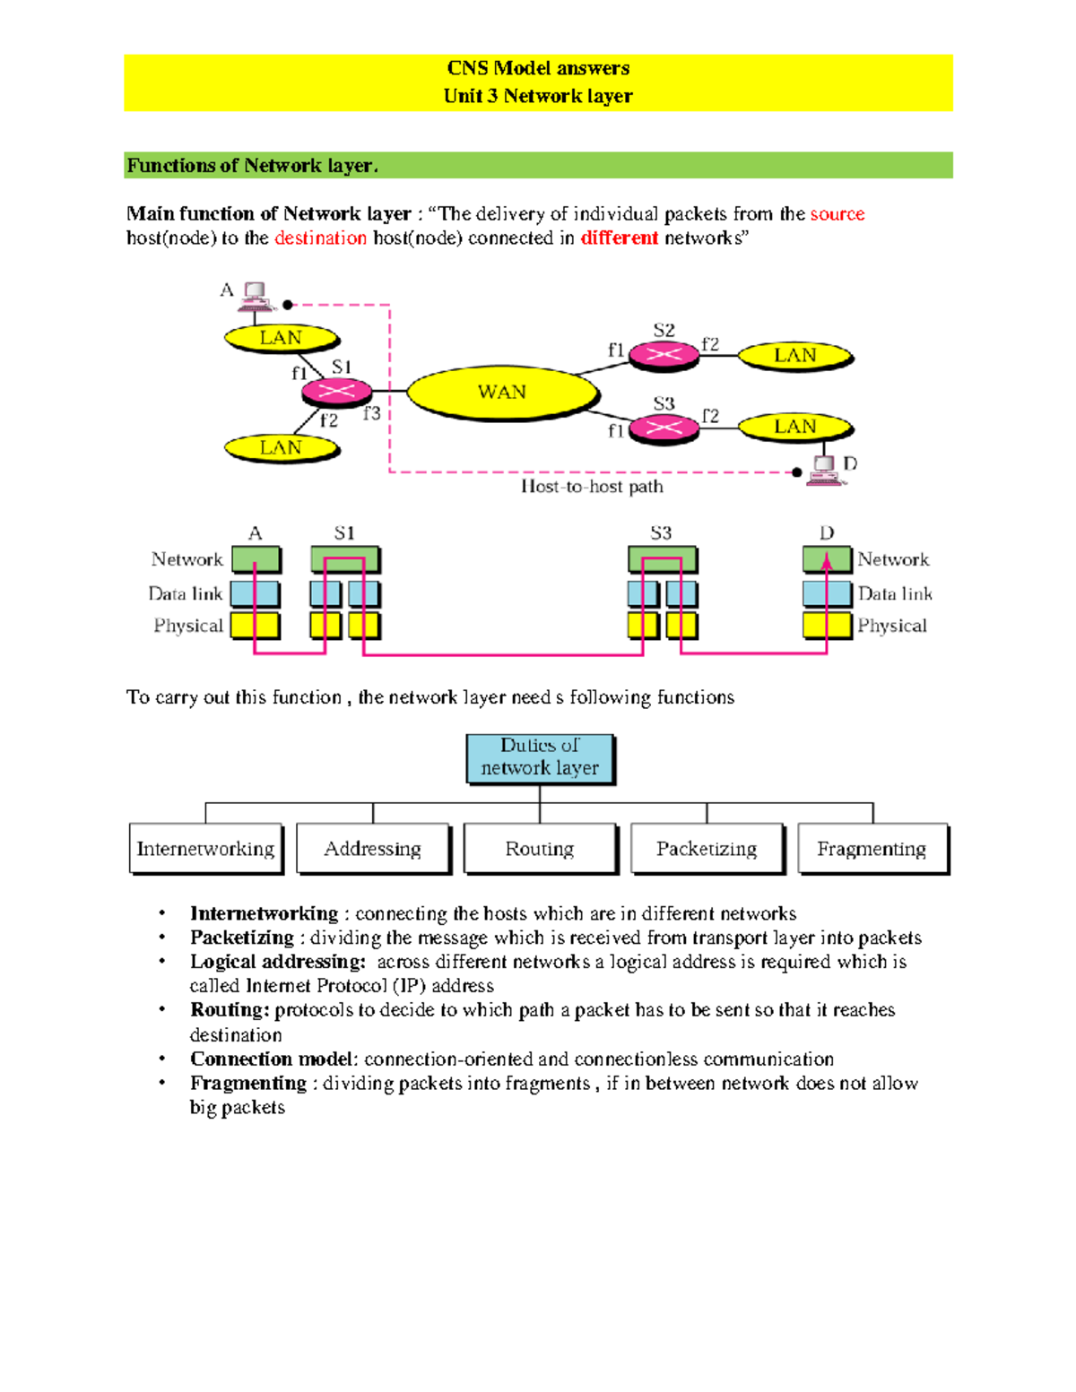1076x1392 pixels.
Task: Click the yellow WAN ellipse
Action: click(502, 393)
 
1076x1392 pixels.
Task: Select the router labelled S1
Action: click(336, 392)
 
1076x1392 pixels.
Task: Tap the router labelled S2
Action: click(664, 355)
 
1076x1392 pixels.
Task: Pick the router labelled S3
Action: click(664, 428)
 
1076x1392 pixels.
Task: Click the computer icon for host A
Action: click(255, 296)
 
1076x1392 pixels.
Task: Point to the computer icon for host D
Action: click(824, 470)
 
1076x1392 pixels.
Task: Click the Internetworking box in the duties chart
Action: click(205, 848)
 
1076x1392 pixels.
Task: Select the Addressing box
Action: click(372, 848)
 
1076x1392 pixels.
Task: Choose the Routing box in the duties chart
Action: click(540, 848)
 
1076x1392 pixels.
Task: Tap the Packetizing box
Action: click(707, 848)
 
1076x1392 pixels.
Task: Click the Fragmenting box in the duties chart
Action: click(872, 848)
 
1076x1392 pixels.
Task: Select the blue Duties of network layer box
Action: click(540, 757)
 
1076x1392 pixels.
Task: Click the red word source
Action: click(837, 214)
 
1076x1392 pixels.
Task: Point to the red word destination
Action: click(320, 238)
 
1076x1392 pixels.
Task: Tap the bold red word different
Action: click(619, 238)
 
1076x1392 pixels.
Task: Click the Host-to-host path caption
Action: click(592, 487)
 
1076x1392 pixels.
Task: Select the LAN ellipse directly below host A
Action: click(281, 338)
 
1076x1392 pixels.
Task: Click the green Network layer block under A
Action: click(256, 559)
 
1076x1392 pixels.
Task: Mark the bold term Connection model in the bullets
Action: click(273, 1059)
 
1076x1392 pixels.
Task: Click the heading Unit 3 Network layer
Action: click(538, 96)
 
